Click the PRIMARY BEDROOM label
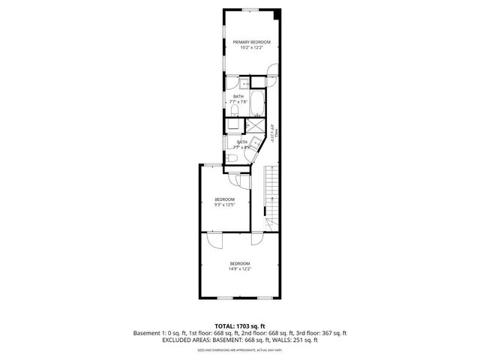click(x=251, y=42)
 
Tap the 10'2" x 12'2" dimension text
click(x=251, y=48)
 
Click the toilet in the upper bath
click(x=235, y=112)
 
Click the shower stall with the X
click(x=256, y=126)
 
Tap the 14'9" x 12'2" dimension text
click(x=240, y=268)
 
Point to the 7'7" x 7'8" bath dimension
click(x=238, y=102)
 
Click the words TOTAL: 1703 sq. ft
click(x=240, y=325)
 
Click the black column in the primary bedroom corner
click(x=277, y=13)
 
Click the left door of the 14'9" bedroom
click(x=216, y=241)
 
